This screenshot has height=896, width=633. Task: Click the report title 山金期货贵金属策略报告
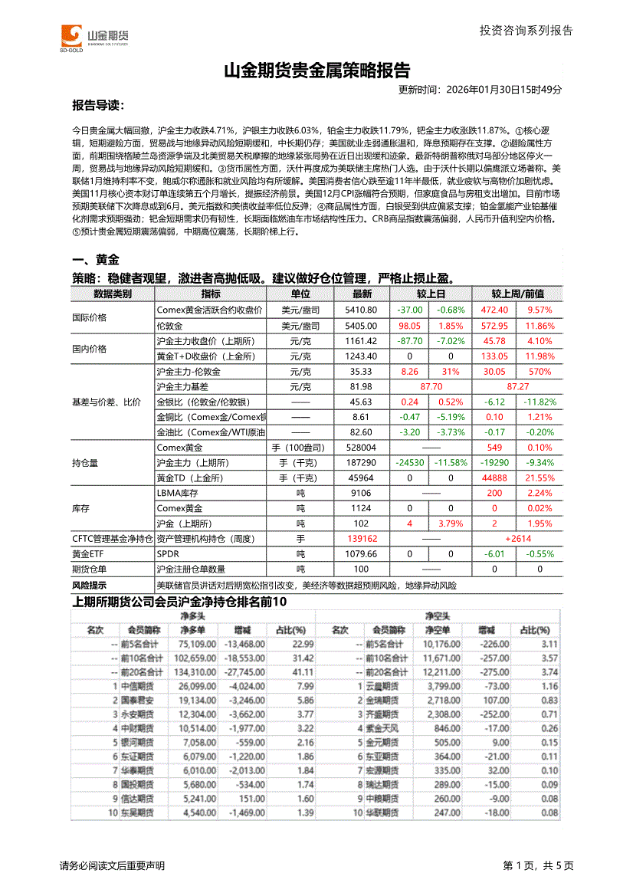(x=316, y=71)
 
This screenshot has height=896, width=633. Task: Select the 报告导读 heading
(x=97, y=105)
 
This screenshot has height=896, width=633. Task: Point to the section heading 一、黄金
(x=95, y=260)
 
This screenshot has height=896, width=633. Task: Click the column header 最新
(x=362, y=294)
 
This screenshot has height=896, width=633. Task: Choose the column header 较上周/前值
(x=517, y=294)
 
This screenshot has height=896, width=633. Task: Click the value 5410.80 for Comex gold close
(x=362, y=310)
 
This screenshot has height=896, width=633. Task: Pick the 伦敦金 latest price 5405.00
(x=362, y=326)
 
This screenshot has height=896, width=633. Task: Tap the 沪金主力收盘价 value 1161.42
(x=362, y=341)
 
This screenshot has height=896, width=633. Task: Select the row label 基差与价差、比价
(x=106, y=402)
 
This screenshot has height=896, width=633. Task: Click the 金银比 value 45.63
(x=362, y=402)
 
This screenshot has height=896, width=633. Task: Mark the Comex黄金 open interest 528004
(x=362, y=448)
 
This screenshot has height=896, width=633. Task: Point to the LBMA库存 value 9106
(x=362, y=493)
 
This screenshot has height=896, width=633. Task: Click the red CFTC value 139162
(x=362, y=539)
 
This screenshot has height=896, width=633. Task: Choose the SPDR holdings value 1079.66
(x=362, y=553)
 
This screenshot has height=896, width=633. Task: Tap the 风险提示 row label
(x=91, y=585)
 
